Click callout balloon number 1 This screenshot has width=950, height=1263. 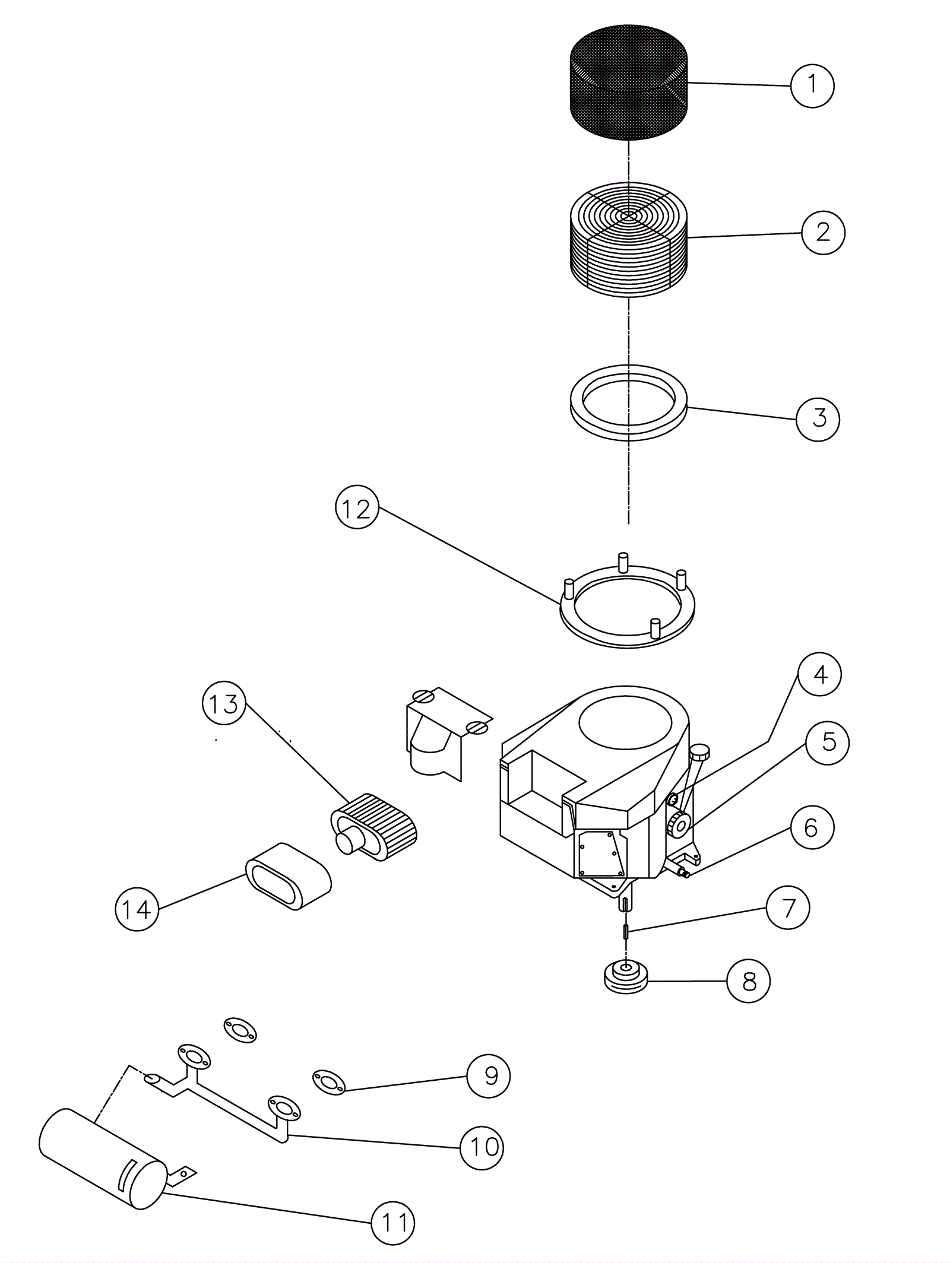coord(812,85)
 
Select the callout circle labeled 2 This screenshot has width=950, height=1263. coord(823,233)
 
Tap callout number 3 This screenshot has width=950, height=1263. coord(818,419)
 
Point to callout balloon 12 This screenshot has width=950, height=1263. coord(357,509)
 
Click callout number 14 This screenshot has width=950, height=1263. coord(137,909)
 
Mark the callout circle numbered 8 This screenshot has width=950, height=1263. coord(749,981)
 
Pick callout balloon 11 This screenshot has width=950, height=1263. coord(393,1223)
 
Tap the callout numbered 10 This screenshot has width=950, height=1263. coord(482,1147)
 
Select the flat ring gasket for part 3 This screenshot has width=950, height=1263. coord(628,403)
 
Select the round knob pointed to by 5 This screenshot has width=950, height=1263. coord(678,824)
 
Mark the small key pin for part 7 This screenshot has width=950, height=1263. coord(626,931)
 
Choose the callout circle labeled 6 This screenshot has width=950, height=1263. coord(811,828)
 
